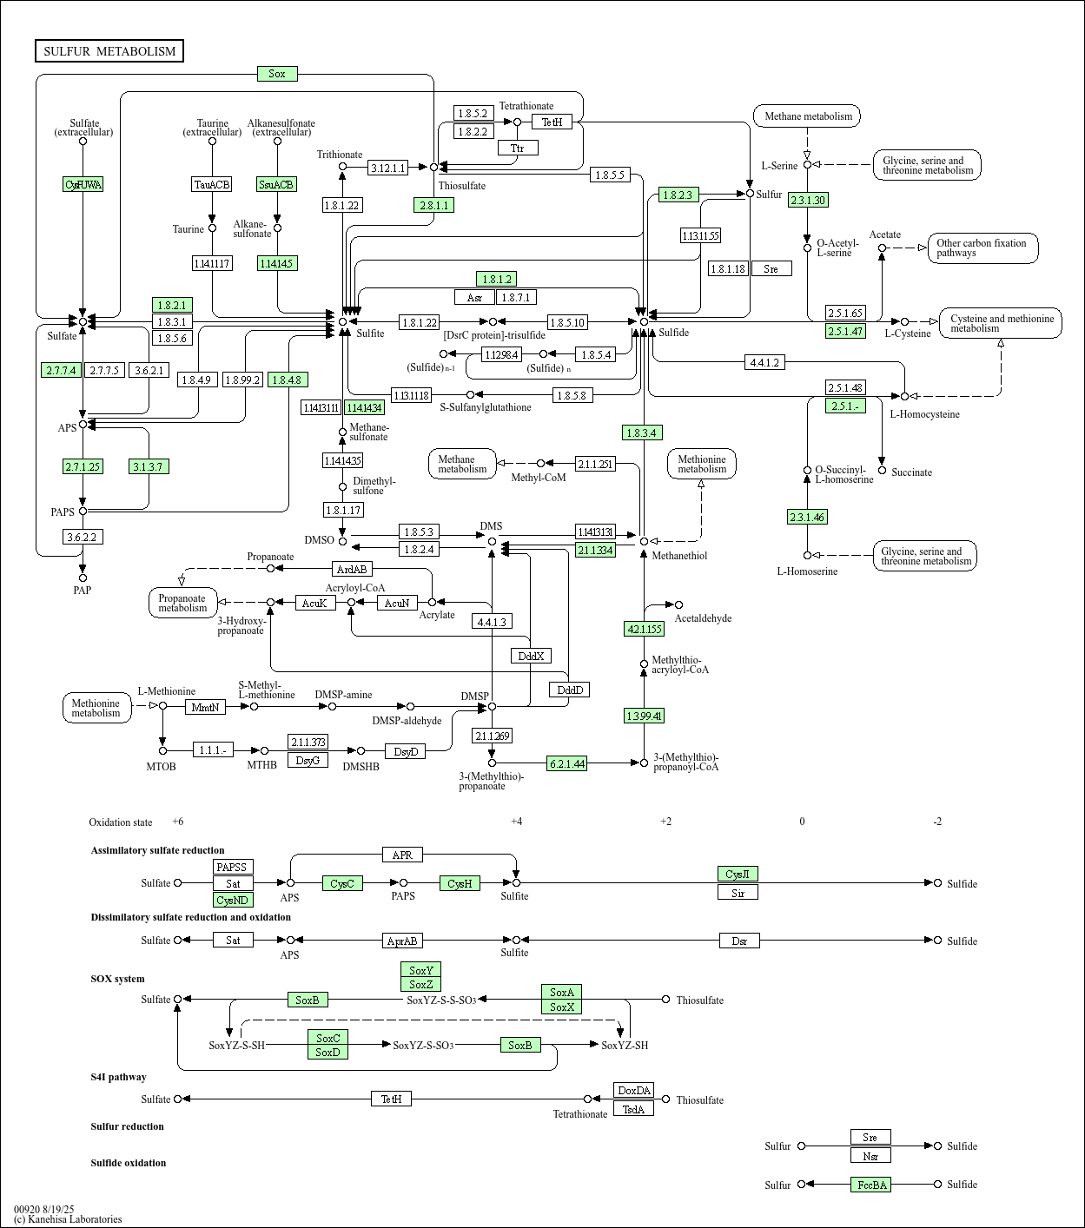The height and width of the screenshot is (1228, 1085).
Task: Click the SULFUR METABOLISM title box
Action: tap(109, 51)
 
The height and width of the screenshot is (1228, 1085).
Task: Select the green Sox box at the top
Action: tap(277, 74)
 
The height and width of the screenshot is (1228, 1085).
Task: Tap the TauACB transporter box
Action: tap(212, 184)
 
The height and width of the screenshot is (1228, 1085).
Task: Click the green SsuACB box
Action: tap(277, 184)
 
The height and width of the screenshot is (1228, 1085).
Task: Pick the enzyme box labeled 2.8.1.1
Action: tap(433, 205)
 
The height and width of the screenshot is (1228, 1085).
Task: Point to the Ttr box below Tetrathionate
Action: tap(518, 148)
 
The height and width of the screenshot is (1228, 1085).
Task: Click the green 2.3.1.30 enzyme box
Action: tap(807, 200)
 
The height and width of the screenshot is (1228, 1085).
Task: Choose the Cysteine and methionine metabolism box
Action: tap(1001, 323)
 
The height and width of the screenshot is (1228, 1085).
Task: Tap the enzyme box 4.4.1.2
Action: tap(764, 362)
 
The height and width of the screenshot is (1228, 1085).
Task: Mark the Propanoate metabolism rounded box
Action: tap(182, 603)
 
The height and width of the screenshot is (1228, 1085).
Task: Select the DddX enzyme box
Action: tap(531, 656)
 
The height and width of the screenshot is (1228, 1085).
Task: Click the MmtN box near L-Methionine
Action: tap(206, 707)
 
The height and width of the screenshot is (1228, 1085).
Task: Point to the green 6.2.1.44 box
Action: tap(566, 763)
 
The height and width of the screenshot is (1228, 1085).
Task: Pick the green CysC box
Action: tap(342, 883)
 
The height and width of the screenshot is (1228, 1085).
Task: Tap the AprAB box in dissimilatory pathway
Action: tap(402, 941)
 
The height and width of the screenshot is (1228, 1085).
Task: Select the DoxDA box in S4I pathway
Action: tap(633, 1091)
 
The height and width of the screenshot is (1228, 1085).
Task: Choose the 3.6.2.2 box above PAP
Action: tap(83, 537)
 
